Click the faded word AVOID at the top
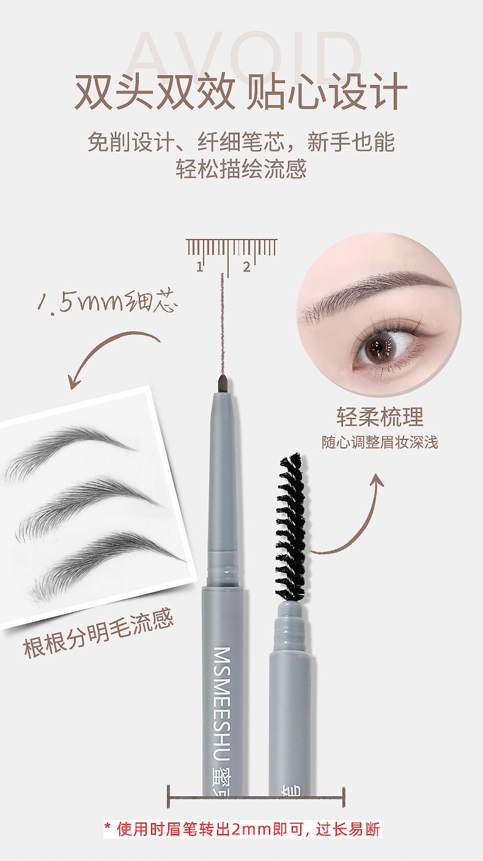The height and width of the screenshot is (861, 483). (244, 54)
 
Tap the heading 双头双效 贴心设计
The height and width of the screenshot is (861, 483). (241, 93)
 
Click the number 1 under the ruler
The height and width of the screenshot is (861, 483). (199, 266)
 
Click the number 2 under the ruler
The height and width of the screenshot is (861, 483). (246, 266)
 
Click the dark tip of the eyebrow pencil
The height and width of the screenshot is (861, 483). (223, 384)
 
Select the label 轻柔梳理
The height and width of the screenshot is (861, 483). (380, 417)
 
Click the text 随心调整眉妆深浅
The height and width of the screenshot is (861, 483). (380, 442)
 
